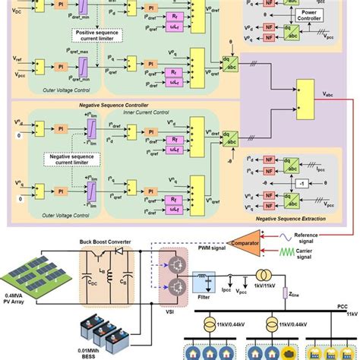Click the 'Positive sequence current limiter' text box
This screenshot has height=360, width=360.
(x=105, y=35)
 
